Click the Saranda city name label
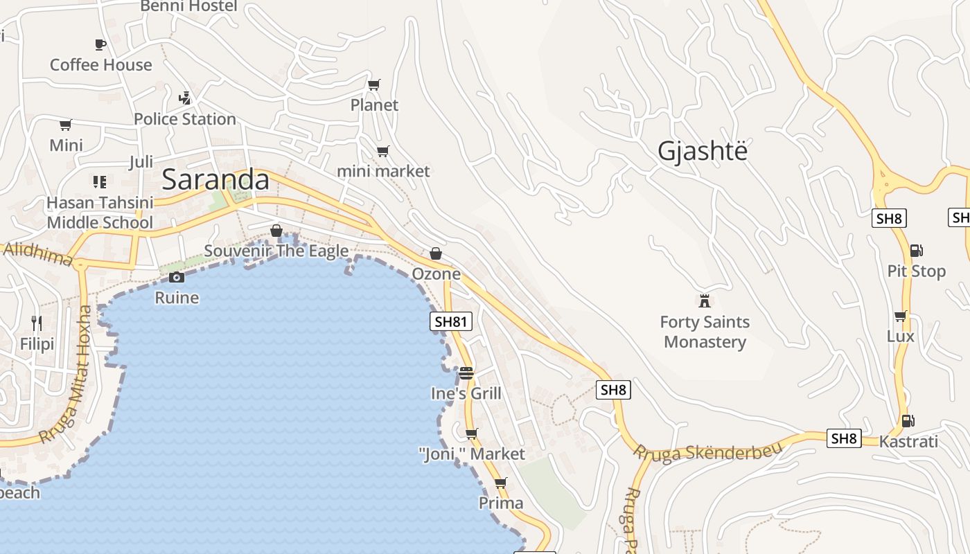(215, 179)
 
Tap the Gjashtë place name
(703, 150)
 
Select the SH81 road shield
(451, 321)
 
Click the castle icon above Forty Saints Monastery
(705, 301)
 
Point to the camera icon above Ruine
(177, 278)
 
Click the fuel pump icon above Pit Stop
(916, 251)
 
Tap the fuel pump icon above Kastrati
(908, 420)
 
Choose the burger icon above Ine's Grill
(466, 373)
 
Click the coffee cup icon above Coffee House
(100, 45)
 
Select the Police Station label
(185, 119)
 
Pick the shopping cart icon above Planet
(374, 85)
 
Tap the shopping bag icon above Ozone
(436, 254)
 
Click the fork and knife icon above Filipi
(37, 323)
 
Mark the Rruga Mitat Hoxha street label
(66, 375)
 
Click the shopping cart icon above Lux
(900, 316)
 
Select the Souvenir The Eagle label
(276, 251)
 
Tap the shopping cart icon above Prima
(501, 483)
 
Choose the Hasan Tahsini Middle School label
(100, 213)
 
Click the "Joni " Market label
(472, 454)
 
